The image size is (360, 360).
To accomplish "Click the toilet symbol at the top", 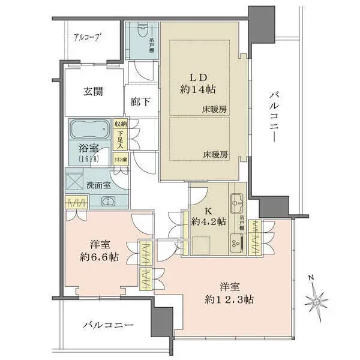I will (x=142, y=32).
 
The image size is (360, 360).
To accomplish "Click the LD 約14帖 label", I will (x=200, y=82).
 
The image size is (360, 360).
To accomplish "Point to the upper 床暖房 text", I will (x=214, y=110).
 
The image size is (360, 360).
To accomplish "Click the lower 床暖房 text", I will (x=215, y=154).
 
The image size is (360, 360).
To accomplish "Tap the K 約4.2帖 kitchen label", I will (x=209, y=216).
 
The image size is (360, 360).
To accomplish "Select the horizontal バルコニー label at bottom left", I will (x=108, y=325).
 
